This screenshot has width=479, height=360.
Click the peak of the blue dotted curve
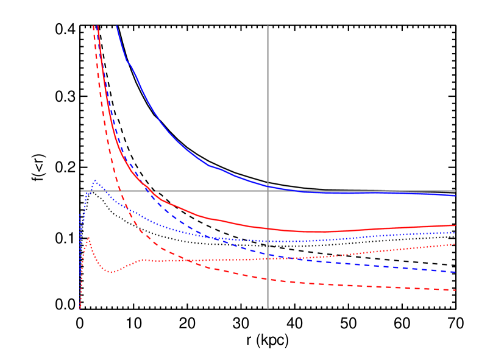click(95, 181)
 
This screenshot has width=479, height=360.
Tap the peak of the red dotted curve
click(88, 238)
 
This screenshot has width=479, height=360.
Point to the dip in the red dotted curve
click(112, 272)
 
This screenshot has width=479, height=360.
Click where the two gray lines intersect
click(268, 191)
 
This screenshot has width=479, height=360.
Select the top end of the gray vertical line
click(268, 26)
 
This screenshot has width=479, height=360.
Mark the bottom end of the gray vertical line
click(268, 309)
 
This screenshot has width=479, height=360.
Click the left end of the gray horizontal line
click(80, 191)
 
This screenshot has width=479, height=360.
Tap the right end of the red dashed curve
click(455, 290)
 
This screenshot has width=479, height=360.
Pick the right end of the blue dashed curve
click(455, 272)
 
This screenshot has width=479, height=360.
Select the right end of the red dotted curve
click(455, 244)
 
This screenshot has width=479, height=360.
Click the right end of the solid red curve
click(455, 225)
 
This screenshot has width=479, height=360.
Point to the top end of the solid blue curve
click(116, 26)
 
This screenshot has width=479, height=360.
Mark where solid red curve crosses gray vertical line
click(268, 228)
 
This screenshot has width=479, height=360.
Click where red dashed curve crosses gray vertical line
click(268, 279)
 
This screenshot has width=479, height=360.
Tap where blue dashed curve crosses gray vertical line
click(268, 254)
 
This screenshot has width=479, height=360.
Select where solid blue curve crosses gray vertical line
click(268, 186)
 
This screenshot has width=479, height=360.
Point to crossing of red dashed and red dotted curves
click(189, 261)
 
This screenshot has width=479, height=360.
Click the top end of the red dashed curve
click(93, 26)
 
